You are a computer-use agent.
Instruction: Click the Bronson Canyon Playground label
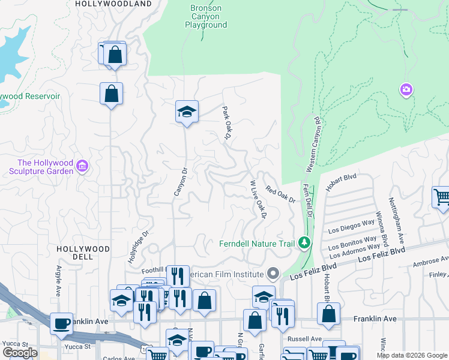coord(206,17)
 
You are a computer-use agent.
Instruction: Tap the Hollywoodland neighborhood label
coord(113,4)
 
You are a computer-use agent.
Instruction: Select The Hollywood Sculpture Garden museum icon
coord(83,166)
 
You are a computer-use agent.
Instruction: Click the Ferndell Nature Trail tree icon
coord(305,243)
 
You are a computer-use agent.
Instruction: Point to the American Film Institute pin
coord(273,274)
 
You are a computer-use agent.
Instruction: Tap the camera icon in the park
coord(406,89)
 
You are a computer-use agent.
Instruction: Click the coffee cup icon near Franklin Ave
coord(61,323)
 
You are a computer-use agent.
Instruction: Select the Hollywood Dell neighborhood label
coord(83,253)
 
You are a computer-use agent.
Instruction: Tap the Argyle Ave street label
coord(59,279)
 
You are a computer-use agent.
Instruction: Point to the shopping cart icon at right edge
coord(442,197)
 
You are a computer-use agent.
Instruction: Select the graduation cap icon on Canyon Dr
coord(187,112)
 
